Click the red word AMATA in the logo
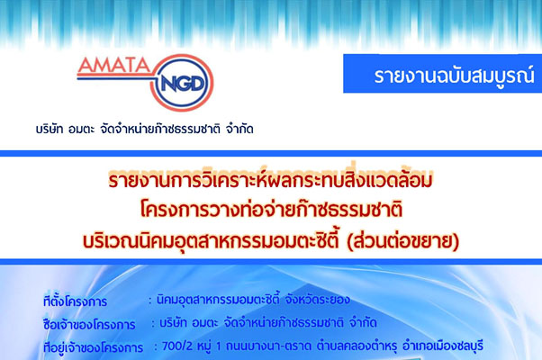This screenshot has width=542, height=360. pyautogui.click(x=113, y=65)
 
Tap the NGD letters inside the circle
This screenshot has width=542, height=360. pyautogui.click(x=182, y=84)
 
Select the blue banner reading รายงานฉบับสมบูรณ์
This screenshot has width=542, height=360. pyautogui.click(x=442, y=74)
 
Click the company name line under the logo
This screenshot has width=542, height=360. pyautogui.click(x=144, y=130)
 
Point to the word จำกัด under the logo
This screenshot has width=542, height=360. pyautogui.click(x=239, y=130)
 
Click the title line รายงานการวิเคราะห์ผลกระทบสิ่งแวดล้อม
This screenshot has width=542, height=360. pyautogui.click(x=270, y=179)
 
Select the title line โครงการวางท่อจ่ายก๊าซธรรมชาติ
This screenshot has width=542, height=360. pyautogui.click(x=271, y=210)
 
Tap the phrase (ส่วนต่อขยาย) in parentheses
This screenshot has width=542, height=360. pyautogui.click(x=403, y=240)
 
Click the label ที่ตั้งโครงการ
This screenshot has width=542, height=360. pyautogui.click(x=75, y=301)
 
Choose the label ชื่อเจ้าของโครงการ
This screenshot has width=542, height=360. pyautogui.click(x=89, y=324)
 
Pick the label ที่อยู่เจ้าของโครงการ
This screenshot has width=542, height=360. pyautogui.click(x=93, y=347)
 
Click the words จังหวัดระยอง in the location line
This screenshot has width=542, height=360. pyautogui.click(x=317, y=299)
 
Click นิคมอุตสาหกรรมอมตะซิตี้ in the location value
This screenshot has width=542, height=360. pyautogui.click(x=217, y=299)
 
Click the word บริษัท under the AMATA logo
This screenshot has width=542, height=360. pyautogui.click(x=50, y=130)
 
